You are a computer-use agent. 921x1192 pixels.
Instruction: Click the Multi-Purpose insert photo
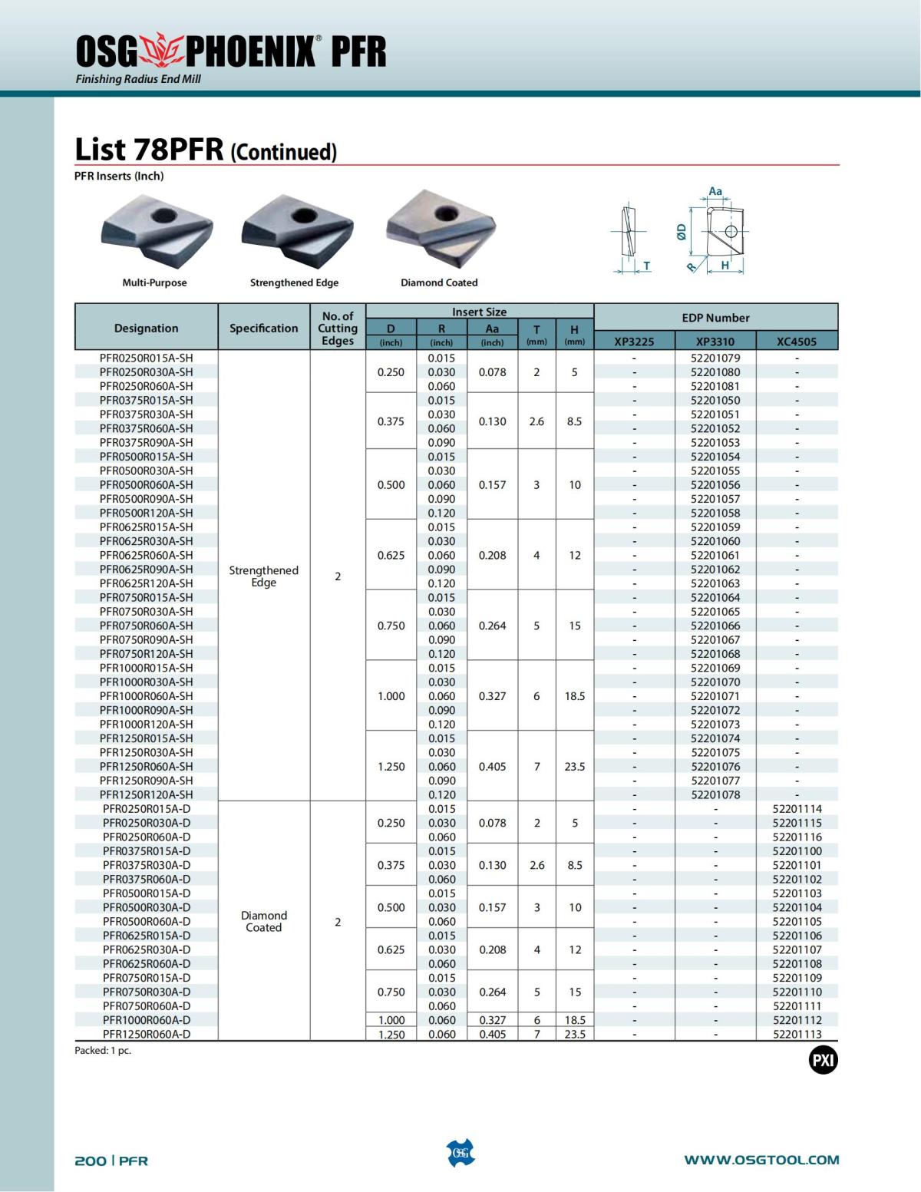tap(155, 230)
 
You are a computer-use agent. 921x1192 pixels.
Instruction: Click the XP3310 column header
tap(715, 342)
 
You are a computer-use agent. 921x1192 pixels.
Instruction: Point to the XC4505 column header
tap(797, 342)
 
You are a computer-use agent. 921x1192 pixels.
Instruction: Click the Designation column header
tap(146, 328)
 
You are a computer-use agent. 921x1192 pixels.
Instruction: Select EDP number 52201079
tap(715, 358)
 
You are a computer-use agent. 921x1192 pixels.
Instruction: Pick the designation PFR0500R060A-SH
tap(146, 484)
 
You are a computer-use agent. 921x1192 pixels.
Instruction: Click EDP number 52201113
tap(797, 1034)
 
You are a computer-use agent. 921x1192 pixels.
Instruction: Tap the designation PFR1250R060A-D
tap(146, 1034)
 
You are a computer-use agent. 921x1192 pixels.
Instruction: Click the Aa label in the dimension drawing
tap(715, 191)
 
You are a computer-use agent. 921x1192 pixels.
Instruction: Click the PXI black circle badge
tap(823, 1061)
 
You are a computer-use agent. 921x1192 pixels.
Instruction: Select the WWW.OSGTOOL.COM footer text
tap(761, 1160)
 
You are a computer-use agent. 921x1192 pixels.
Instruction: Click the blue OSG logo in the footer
tap(460, 1153)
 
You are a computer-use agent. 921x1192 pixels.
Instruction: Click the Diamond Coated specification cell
tap(263, 921)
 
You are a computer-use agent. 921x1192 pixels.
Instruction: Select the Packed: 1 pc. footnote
tap(103, 1050)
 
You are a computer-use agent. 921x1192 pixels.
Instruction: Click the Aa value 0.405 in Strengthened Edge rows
tap(492, 766)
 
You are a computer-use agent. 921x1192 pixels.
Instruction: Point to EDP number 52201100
tap(797, 850)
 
